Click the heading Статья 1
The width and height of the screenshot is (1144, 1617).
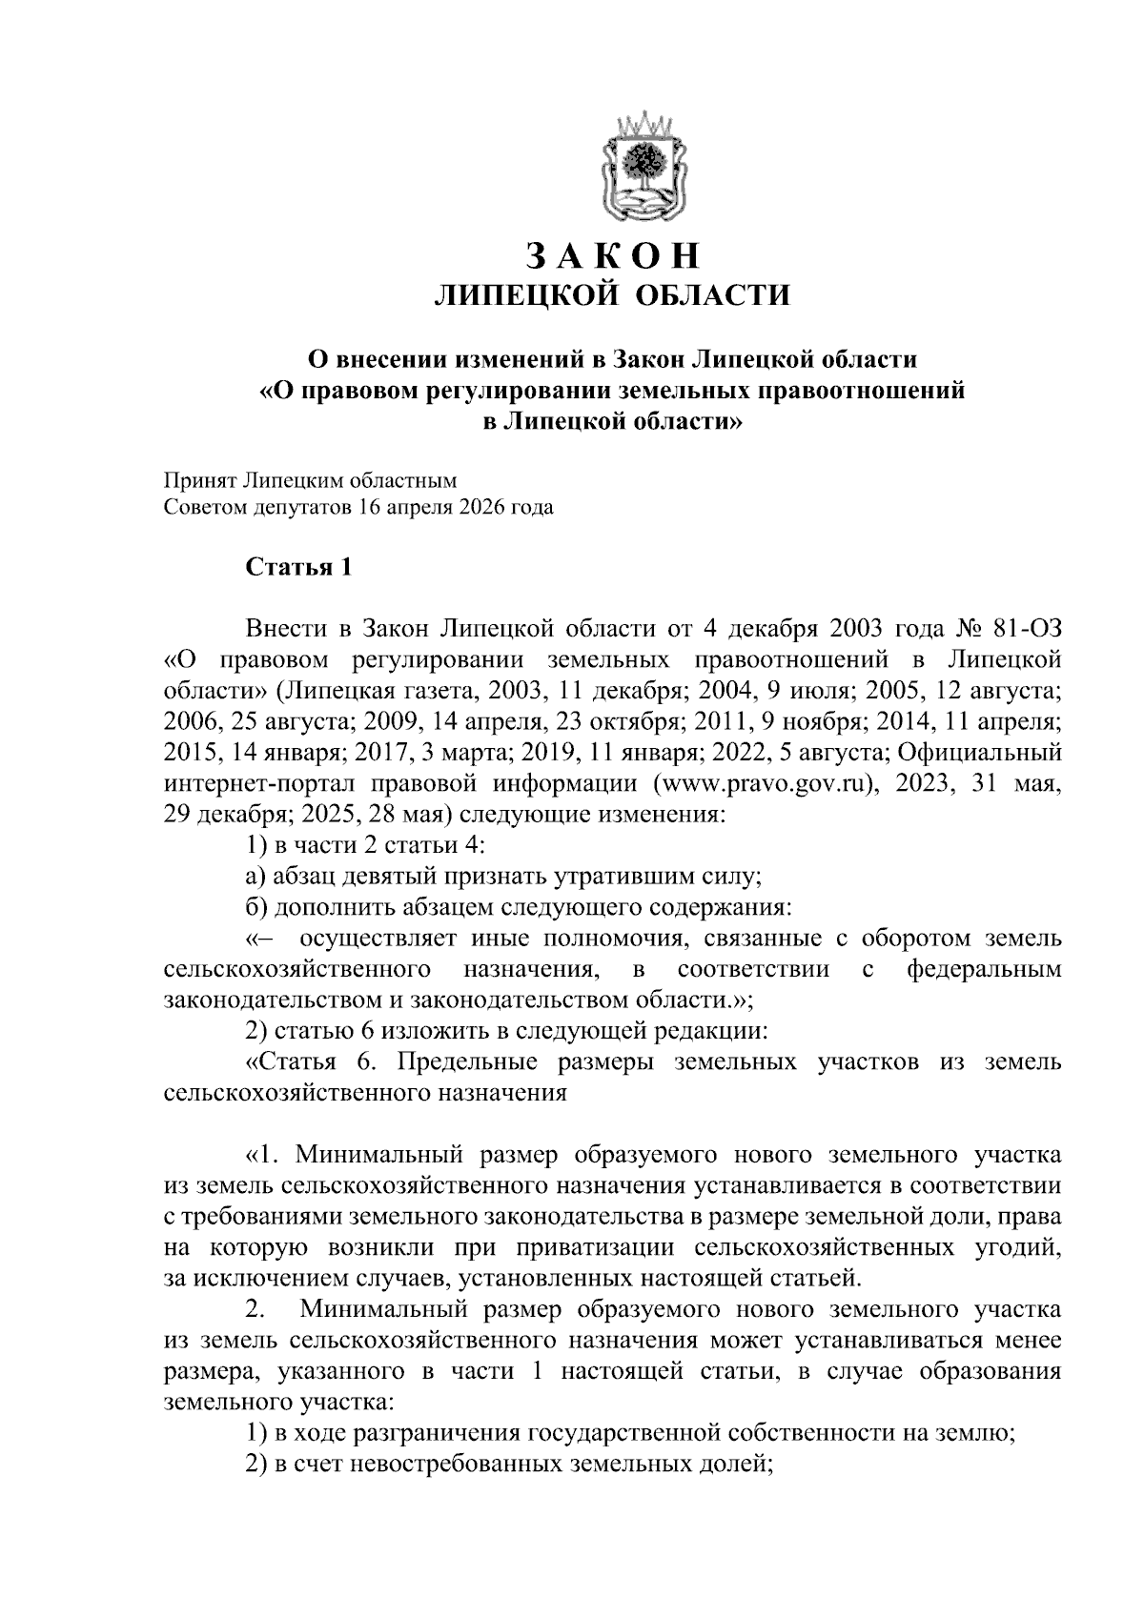[x=298, y=568]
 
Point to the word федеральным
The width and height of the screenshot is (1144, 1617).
[x=984, y=970]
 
